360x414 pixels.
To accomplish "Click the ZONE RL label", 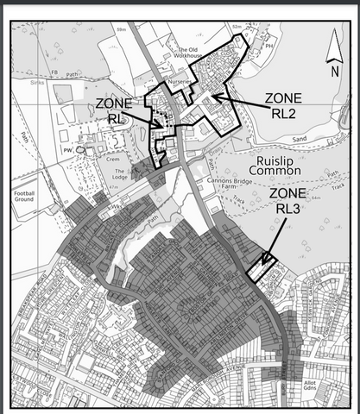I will point(114,110).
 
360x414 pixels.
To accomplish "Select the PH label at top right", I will point(270,47).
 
